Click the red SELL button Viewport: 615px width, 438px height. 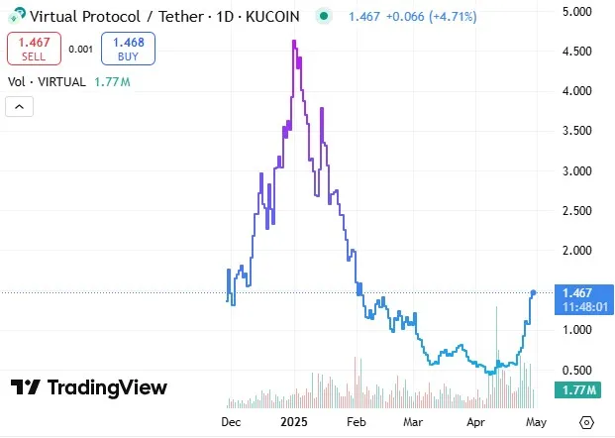coord(34,49)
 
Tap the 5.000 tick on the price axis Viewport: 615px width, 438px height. coord(577,11)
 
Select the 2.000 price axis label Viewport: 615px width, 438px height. coord(577,251)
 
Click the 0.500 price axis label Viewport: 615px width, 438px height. coord(577,371)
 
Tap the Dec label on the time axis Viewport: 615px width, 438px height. coord(230,422)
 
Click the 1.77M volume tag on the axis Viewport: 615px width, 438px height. coord(576,390)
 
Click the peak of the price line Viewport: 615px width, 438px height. coord(295,41)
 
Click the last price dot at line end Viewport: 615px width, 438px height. coord(534,292)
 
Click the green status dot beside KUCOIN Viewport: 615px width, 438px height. coord(325,17)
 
